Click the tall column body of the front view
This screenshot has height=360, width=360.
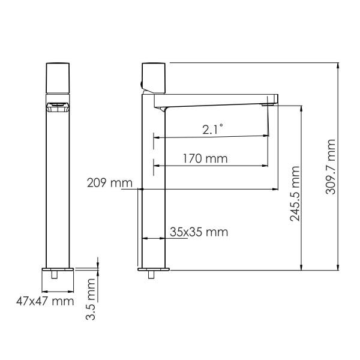tap(58, 192)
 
